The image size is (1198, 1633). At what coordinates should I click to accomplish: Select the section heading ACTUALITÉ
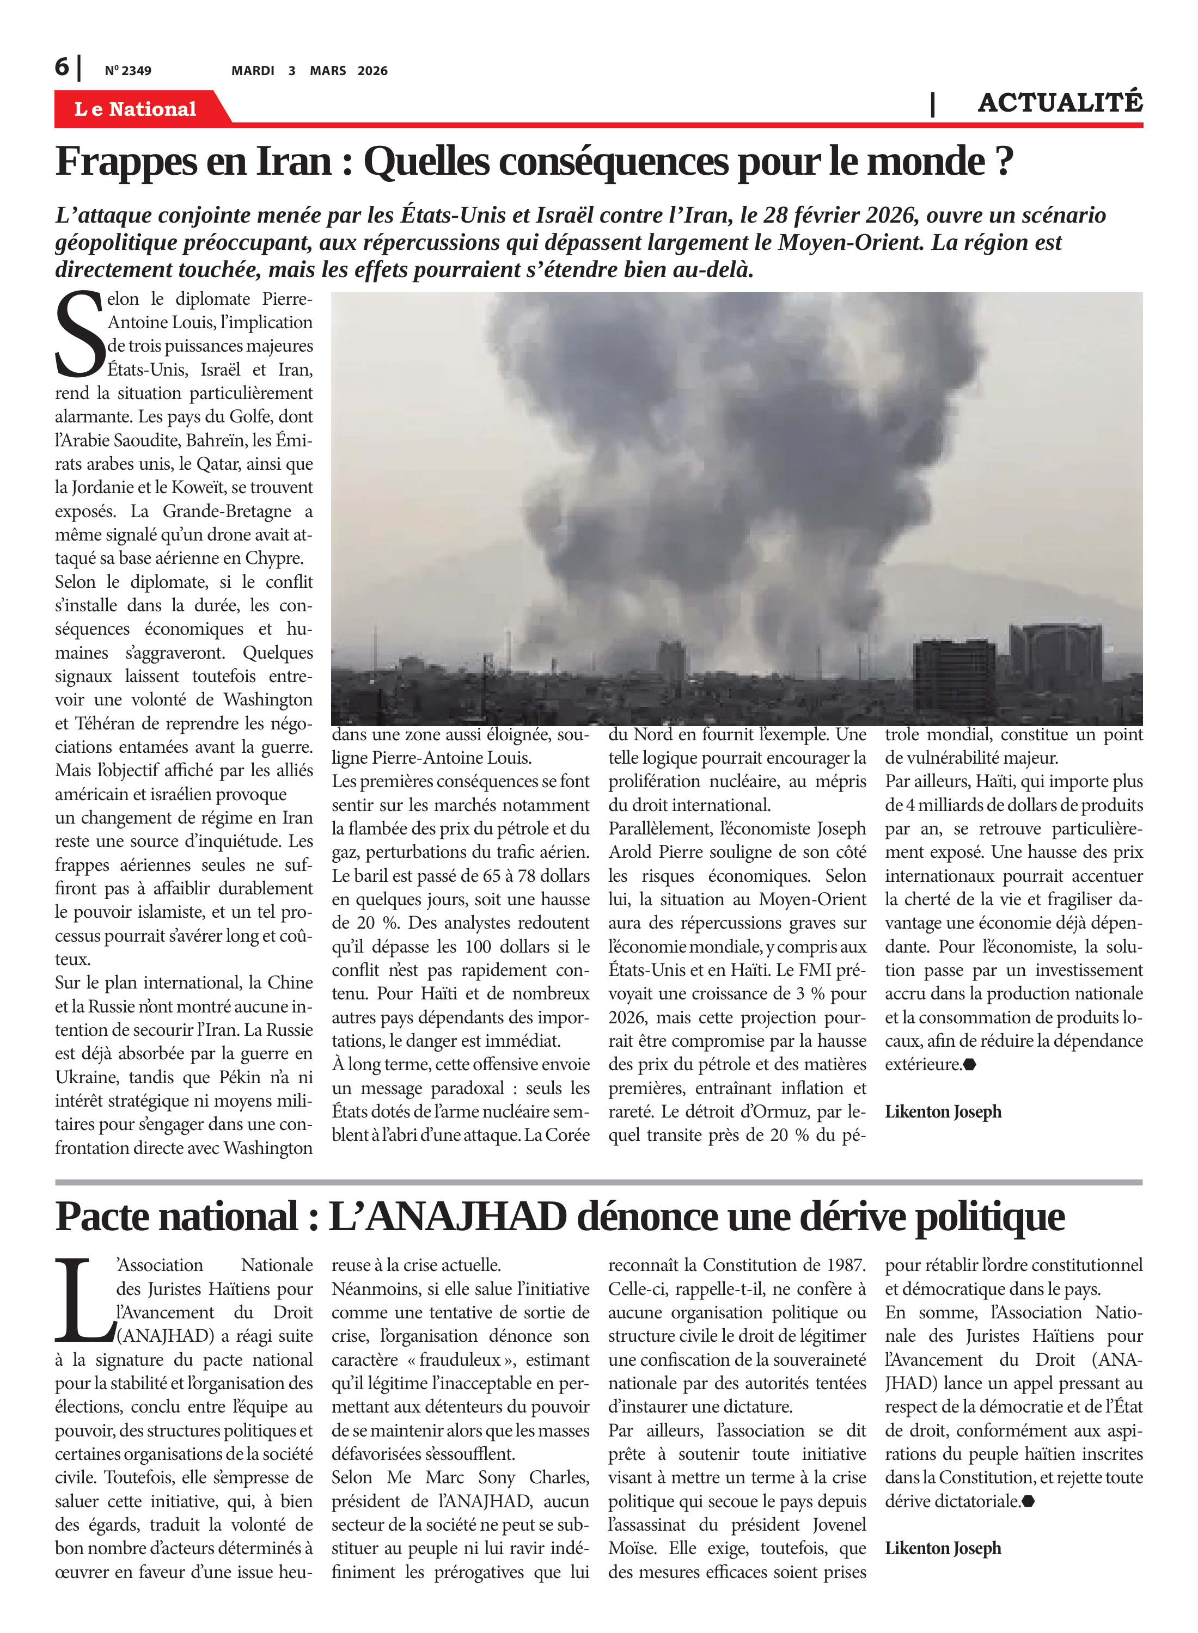coord(1060,103)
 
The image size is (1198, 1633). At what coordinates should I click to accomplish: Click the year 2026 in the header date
coord(373,71)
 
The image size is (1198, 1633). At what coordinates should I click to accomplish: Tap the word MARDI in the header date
coord(252,71)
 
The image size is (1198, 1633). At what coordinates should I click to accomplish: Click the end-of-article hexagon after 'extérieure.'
coord(970,1065)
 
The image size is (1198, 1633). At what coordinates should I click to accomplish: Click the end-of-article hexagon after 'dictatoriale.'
coord(1028,1502)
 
